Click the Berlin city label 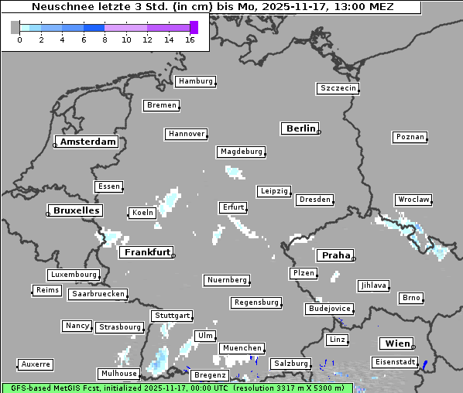point(300,128)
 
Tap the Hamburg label point(194,81)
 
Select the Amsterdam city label point(88,142)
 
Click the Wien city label point(396,343)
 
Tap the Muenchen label point(242,348)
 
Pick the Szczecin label point(338,88)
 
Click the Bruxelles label point(76,210)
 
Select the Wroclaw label point(413,200)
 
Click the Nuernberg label point(227,279)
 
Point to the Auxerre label point(36,364)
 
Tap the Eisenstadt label point(393,362)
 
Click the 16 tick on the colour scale point(190,39)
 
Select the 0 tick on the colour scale point(19,39)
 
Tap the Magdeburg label point(241,152)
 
